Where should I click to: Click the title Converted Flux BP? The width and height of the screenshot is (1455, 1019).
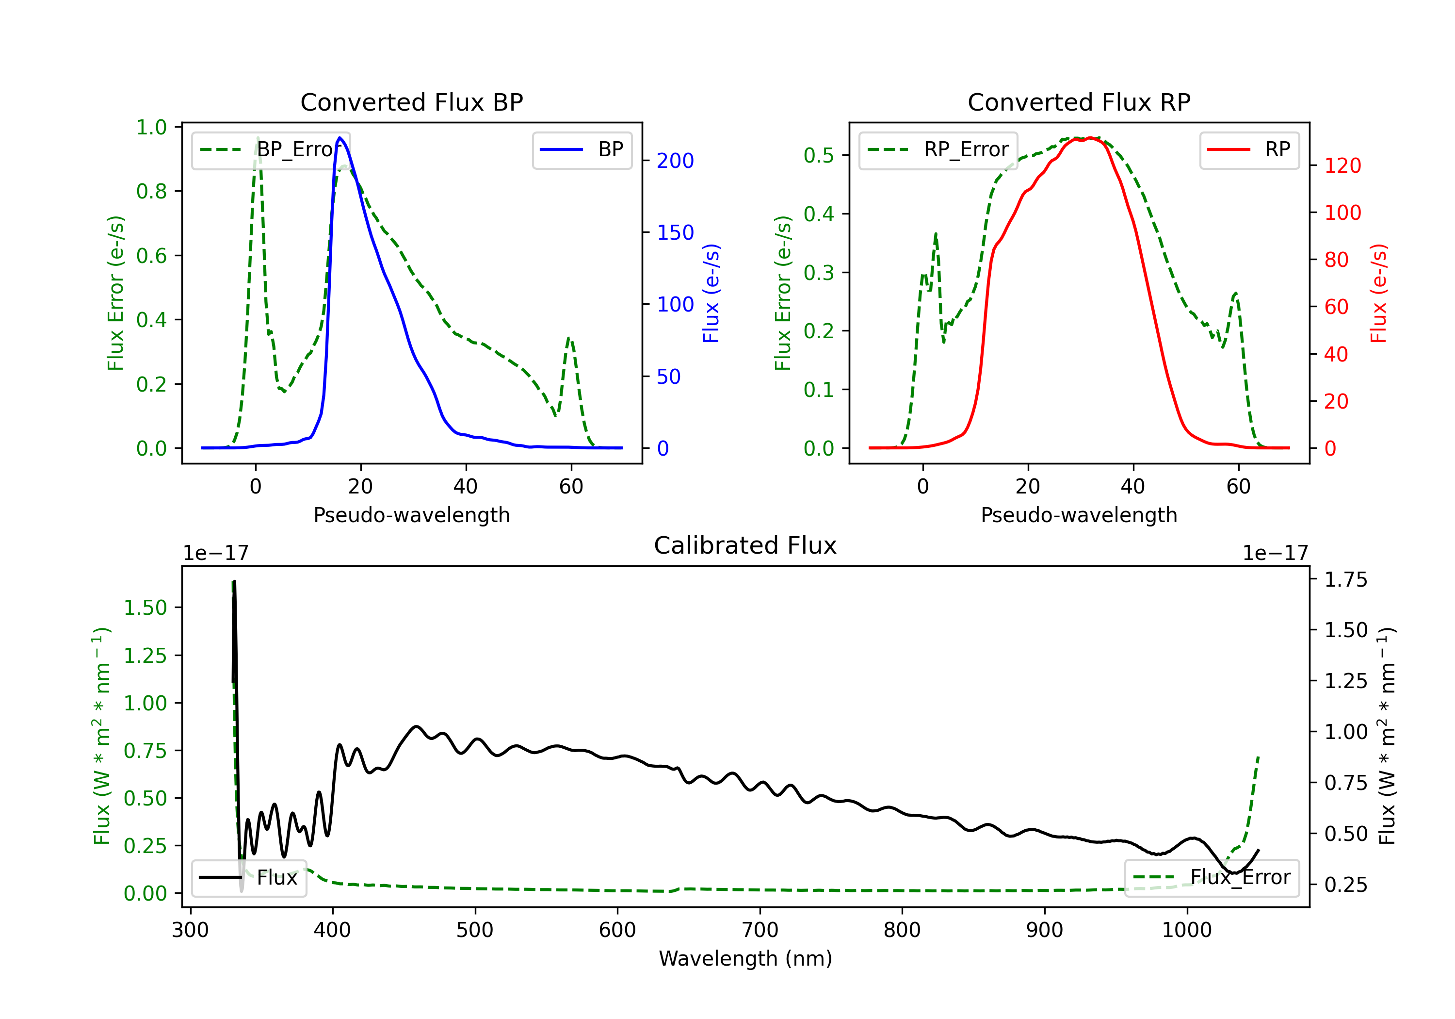411,102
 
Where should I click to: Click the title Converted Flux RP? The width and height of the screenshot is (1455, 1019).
1079,102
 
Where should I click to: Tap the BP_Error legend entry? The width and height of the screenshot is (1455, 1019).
271,149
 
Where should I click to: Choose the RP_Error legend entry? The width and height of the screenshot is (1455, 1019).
938,149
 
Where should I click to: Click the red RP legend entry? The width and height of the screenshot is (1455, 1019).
1249,149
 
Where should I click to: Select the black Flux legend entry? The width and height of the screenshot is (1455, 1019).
249,878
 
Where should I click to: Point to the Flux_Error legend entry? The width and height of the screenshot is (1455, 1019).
1212,878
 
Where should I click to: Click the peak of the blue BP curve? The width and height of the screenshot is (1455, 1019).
339,138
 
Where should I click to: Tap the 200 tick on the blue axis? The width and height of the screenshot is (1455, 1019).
675,161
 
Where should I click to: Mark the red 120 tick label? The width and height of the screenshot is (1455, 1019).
1342,166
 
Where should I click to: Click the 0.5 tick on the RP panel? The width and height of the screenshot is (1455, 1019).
818,155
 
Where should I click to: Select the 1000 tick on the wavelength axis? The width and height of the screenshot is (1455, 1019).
1186,930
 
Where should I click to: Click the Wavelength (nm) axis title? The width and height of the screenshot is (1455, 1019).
745,958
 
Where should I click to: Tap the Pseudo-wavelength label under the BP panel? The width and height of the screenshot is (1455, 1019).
411,515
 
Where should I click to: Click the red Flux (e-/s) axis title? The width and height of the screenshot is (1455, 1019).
1379,293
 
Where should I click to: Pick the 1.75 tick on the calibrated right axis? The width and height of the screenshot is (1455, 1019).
1345,579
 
